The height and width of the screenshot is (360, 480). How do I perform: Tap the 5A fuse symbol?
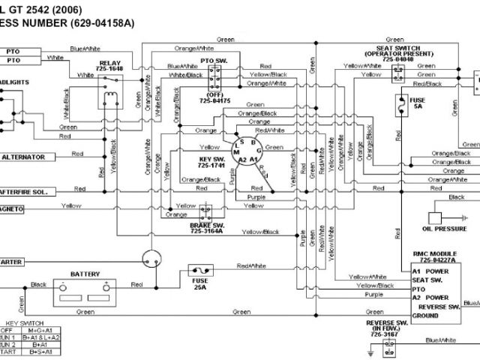[403, 103]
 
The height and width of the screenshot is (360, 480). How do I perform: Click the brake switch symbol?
[205, 212]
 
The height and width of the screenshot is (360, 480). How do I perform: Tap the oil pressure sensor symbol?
[439, 211]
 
